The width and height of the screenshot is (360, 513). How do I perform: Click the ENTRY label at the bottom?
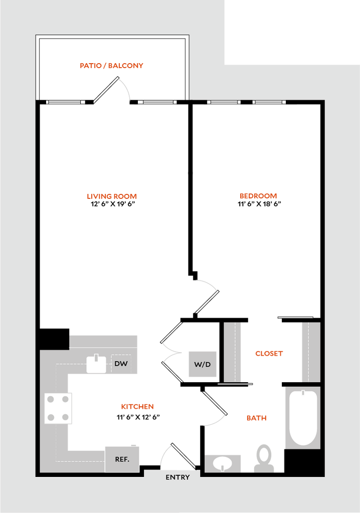[177, 477]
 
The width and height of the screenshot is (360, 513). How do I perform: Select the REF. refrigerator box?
[122, 458]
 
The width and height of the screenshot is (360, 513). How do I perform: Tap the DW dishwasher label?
[121, 364]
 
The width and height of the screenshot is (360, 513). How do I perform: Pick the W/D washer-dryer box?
[203, 364]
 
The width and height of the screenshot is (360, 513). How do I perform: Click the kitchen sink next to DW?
[96, 364]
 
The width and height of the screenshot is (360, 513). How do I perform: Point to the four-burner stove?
[59, 408]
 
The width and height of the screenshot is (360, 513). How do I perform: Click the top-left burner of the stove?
[51, 399]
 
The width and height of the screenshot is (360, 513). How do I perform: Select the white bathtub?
[303, 418]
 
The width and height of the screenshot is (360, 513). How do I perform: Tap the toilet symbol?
[264, 458]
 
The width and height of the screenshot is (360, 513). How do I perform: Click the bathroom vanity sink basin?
[223, 463]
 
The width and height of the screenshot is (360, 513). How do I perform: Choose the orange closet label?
[269, 353]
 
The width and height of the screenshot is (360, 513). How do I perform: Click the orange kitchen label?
[137, 407]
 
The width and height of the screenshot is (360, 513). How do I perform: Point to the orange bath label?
[256, 418]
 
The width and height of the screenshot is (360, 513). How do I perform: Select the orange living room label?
[112, 196]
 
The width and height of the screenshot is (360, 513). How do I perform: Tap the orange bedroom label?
[258, 195]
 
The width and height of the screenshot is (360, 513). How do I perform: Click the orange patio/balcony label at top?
[112, 66]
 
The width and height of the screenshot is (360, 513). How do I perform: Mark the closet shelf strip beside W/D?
[233, 351]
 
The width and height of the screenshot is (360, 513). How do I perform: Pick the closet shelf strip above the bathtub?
[310, 352]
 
